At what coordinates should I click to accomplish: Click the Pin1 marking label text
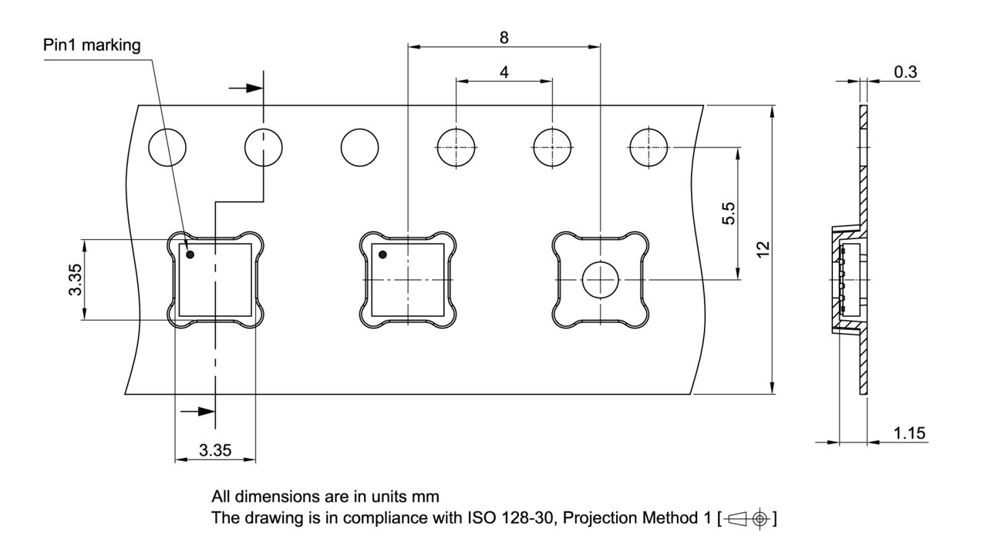tap(92, 45)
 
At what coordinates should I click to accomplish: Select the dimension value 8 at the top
tap(504, 37)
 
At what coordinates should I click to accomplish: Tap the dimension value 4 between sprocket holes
tap(504, 72)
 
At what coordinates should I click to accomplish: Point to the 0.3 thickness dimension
tap(905, 71)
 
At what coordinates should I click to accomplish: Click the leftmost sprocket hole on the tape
tap(167, 146)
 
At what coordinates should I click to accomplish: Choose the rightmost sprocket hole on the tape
tap(649, 146)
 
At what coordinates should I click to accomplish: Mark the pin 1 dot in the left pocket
tap(189, 254)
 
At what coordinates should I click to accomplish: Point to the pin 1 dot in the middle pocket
tap(382, 254)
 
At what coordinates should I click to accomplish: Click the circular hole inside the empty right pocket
tap(601, 279)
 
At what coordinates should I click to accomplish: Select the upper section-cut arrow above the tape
tap(245, 87)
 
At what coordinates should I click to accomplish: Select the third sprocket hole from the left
tap(360, 146)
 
